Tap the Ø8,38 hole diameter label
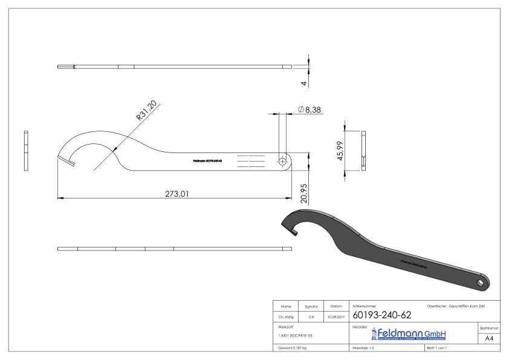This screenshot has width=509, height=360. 309,109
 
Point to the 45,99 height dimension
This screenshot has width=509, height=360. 340,151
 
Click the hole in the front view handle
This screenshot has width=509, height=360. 282,161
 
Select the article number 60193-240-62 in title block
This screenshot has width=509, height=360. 381,315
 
